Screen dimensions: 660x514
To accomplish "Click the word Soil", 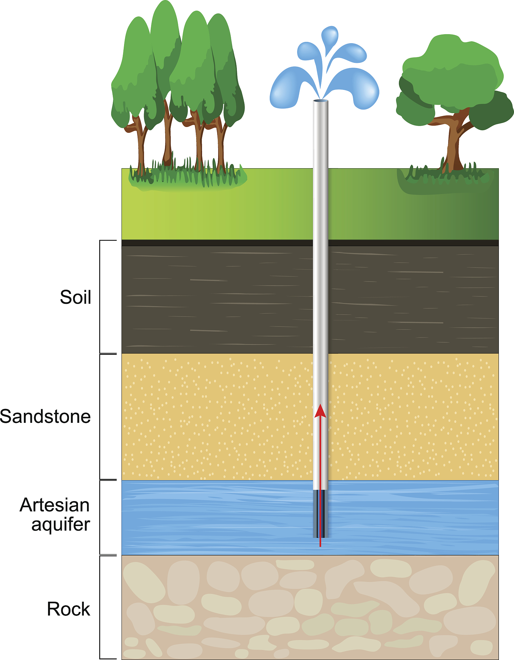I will point(76,297).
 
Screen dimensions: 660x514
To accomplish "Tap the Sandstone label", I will point(45,416).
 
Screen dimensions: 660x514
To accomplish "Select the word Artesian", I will point(54,505).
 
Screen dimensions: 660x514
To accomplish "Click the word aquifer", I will point(61,524).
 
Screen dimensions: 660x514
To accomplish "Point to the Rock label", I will point(68,609).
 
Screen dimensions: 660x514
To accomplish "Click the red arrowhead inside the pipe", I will point(320,412).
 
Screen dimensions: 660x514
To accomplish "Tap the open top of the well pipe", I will point(320,101).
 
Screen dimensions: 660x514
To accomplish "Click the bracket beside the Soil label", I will point(100,297).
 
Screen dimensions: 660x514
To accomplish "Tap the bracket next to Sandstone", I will point(100,417).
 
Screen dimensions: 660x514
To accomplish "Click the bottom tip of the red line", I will point(320,546).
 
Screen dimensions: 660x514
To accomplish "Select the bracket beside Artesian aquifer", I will point(100,517).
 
